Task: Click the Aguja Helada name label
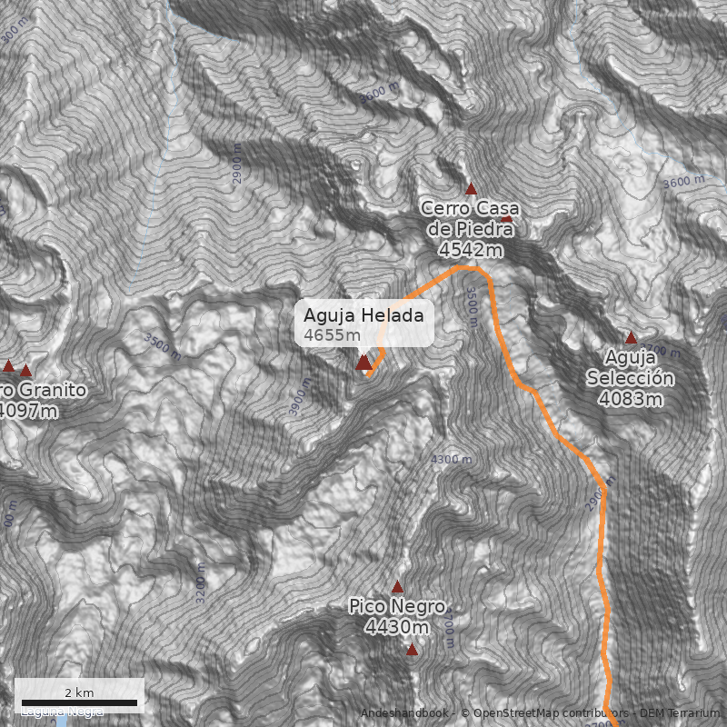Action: pyautogui.click(x=363, y=316)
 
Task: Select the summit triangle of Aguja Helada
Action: pyautogui.click(x=363, y=363)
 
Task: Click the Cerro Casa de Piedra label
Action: pyautogui.click(x=470, y=218)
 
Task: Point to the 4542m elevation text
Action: pyautogui.click(x=470, y=249)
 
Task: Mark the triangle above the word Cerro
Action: pyautogui.click(x=471, y=189)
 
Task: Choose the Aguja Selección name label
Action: pyautogui.click(x=630, y=367)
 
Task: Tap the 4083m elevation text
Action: pyautogui.click(x=630, y=398)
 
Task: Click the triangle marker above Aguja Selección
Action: pyautogui.click(x=631, y=337)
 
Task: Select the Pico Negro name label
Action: pyautogui.click(x=397, y=606)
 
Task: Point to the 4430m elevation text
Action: pyautogui.click(x=397, y=627)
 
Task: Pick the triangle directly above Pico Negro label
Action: pyautogui.click(x=397, y=586)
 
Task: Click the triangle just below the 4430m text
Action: pyautogui.click(x=412, y=650)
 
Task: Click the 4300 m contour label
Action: pyautogui.click(x=452, y=460)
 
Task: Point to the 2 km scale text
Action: pyautogui.click(x=78, y=692)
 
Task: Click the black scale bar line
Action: pyautogui.click(x=78, y=702)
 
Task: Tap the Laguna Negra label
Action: pyautogui.click(x=62, y=712)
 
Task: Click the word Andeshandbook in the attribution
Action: pyautogui.click(x=407, y=713)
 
